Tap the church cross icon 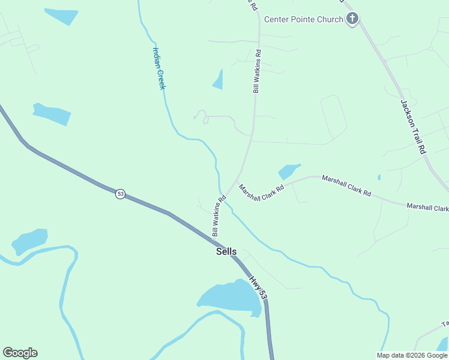pyautogui.click(x=352, y=19)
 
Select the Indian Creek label pyautogui.click(x=159, y=68)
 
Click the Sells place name pyautogui.click(x=226, y=252)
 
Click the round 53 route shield pyautogui.click(x=121, y=194)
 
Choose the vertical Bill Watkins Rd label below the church pyautogui.click(x=257, y=71)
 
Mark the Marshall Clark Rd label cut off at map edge pyautogui.click(x=427, y=208)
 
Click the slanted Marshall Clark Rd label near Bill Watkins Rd pyautogui.click(x=261, y=193)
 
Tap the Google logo pyautogui.click(x=20, y=353)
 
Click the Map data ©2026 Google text pyautogui.click(x=412, y=355)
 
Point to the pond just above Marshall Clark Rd pyautogui.click(x=288, y=172)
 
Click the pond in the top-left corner pyautogui.click(x=61, y=16)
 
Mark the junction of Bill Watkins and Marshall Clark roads pyautogui.click(x=235, y=181)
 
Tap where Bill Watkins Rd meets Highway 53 pyautogui.click(x=213, y=240)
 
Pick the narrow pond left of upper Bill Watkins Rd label pyautogui.click(x=218, y=80)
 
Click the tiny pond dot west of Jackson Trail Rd pyautogui.click(x=379, y=177)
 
